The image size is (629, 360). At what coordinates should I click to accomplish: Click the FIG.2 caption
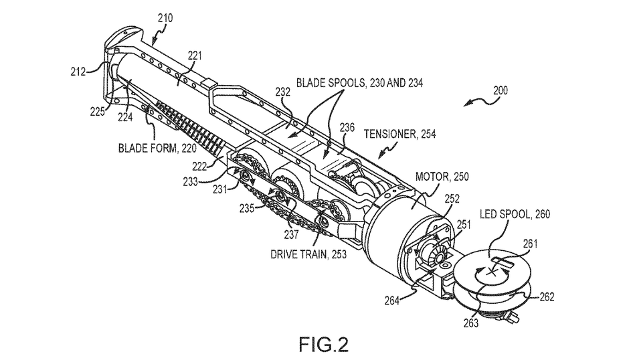pos(324,345)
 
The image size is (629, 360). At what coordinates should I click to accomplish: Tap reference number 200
pos(501,90)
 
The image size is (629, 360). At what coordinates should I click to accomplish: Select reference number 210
pos(165,18)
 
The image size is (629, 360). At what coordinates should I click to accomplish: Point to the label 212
pos(78,72)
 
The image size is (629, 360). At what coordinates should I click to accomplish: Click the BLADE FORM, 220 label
pos(157,149)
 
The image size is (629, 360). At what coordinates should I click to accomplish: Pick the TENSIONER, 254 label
pos(399,134)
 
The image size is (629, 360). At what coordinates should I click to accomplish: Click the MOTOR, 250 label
pos(442,177)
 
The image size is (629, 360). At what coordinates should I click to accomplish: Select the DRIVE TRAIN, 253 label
pos(308,254)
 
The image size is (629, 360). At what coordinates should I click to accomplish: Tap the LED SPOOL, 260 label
pos(515,214)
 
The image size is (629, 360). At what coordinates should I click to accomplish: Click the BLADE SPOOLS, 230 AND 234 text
pos(359,83)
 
